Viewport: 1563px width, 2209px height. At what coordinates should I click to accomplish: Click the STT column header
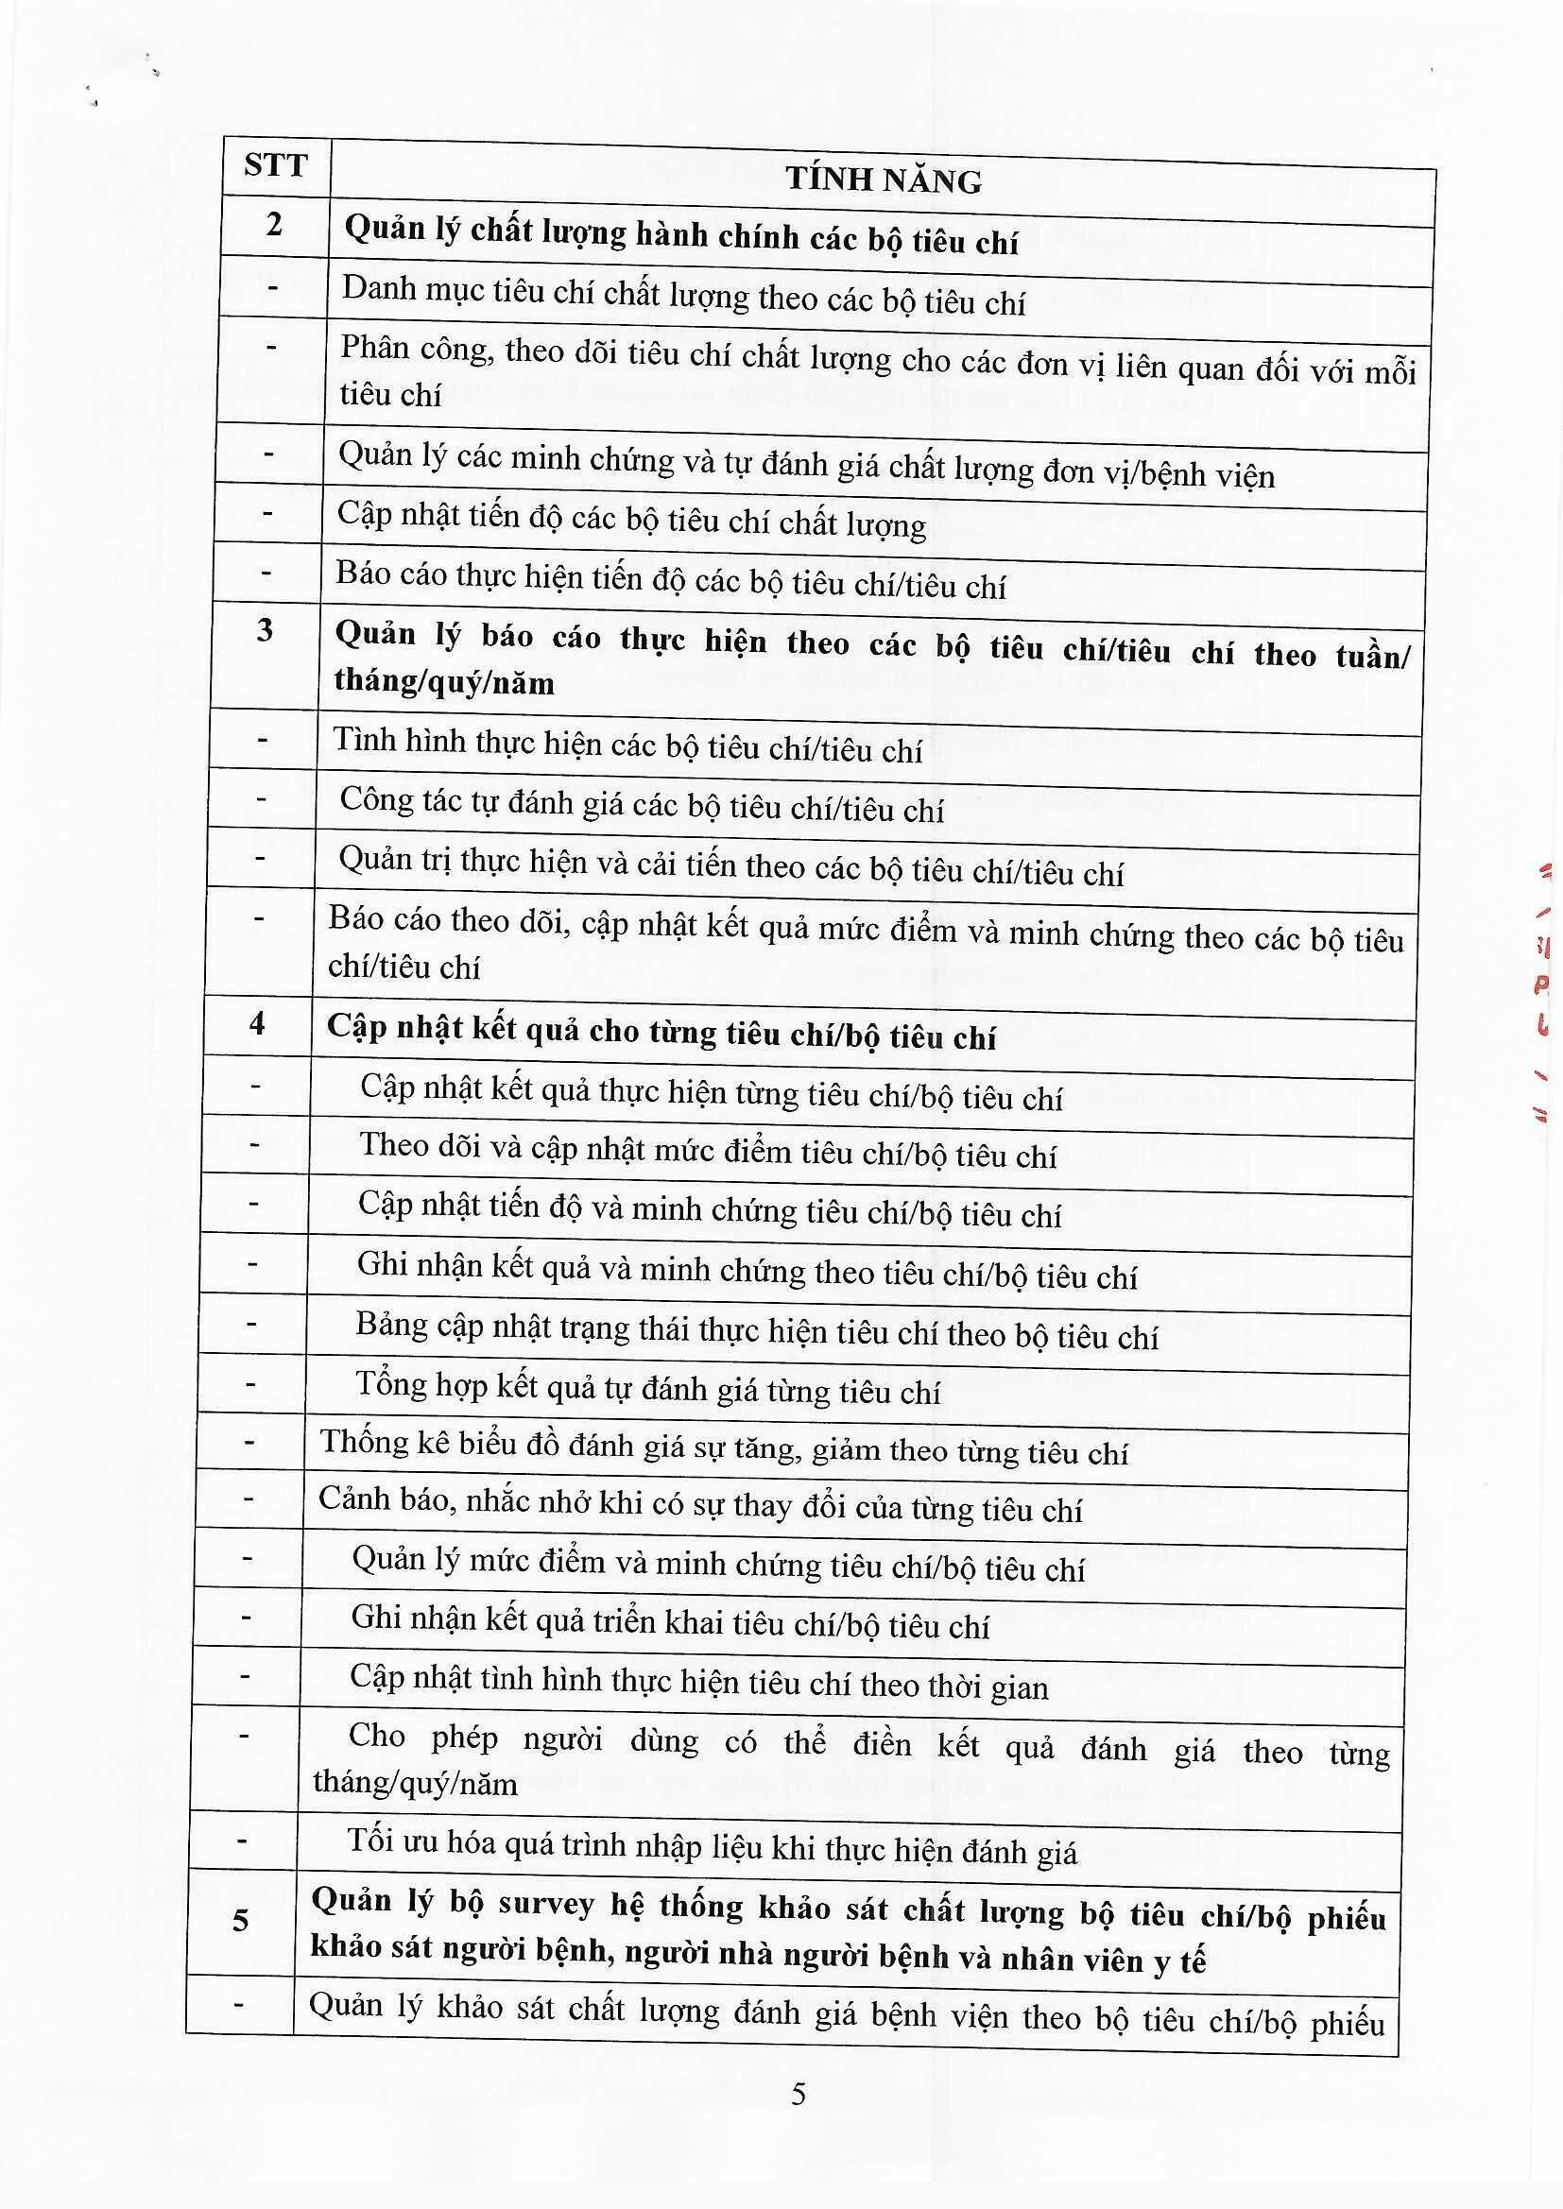(x=274, y=165)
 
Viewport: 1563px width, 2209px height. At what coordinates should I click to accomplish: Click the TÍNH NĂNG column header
(x=884, y=180)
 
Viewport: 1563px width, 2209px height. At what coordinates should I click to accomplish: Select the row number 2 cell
(x=274, y=225)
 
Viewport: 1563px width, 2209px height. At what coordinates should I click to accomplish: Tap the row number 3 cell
(x=265, y=630)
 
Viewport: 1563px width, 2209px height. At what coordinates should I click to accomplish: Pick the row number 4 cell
(x=257, y=1021)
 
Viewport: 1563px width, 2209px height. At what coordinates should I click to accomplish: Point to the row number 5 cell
(x=241, y=1921)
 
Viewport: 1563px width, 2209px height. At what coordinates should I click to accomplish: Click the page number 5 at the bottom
(x=798, y=2094)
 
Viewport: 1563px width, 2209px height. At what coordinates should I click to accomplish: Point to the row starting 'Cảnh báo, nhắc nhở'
(x=699, y=1505)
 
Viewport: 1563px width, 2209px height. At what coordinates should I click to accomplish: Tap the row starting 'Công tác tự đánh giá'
(x=641, y=805)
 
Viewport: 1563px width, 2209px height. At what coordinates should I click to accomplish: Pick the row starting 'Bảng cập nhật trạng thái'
(x=757, y=1330)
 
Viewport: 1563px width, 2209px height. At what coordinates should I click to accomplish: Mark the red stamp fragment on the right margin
(x=1544, y=991)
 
